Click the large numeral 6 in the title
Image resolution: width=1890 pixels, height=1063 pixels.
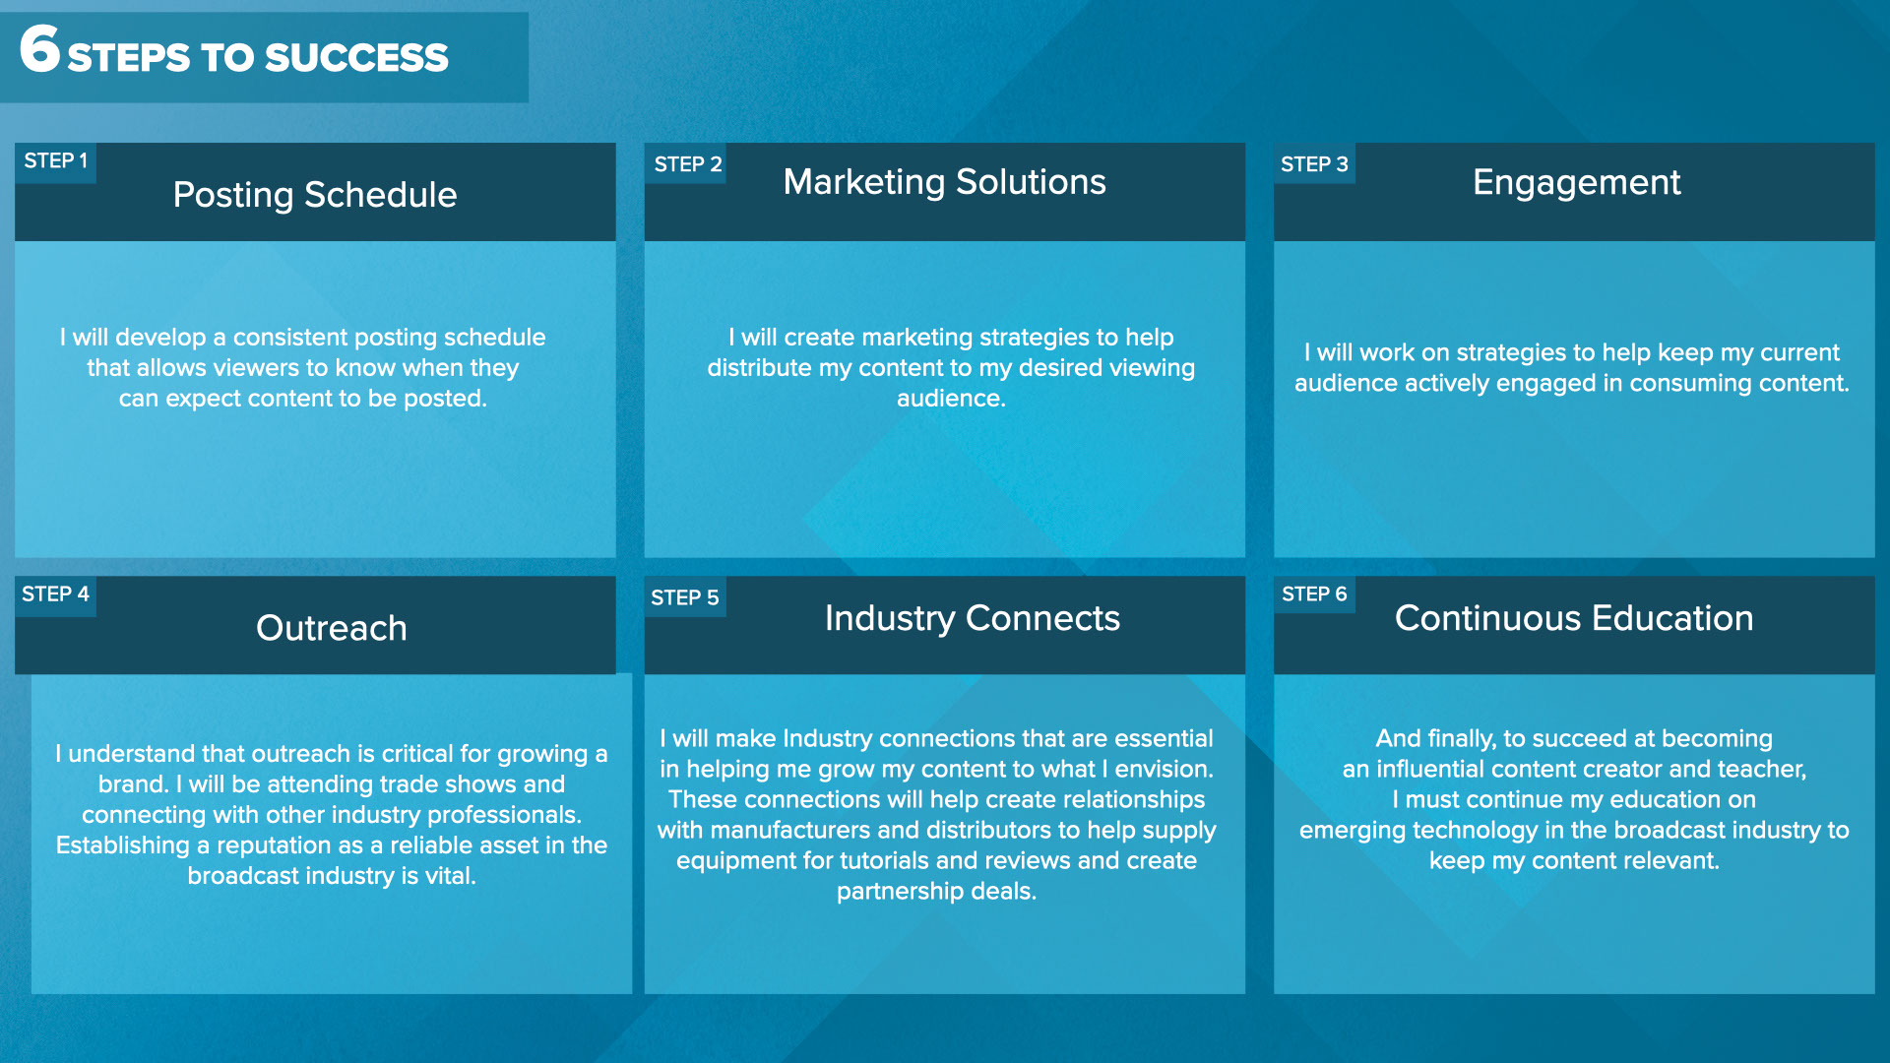click(x=39, y=48)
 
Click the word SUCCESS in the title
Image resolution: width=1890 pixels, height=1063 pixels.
click(x=356, y=58)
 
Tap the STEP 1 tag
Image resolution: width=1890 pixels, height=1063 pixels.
click(x=55, y=161)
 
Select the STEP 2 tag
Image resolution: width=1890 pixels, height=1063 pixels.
click(x=687, y=164)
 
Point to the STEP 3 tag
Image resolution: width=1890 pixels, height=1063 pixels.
click(x=1314, y=164)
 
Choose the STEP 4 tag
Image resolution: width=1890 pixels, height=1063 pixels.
click(x=55, y=594)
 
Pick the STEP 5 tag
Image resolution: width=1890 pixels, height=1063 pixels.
click(x=685, y=597)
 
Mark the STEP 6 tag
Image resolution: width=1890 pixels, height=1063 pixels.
click(x=1314, y=594)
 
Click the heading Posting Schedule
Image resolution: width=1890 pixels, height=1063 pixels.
click(x=315, y=195)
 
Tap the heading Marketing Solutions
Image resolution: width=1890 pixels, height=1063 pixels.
click(x=945, y=182)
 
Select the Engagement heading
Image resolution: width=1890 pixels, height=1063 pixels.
click(x=1577, y=183)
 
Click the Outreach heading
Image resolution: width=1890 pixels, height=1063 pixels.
click(x=332, y=628)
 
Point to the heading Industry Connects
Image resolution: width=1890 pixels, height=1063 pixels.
click(x=973, y=618)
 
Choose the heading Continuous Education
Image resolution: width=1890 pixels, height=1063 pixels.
click(x=1574, y=618)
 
